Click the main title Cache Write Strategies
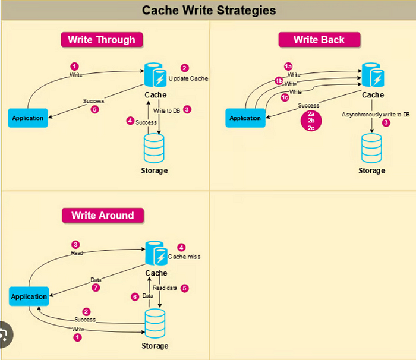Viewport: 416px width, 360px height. [208, 11]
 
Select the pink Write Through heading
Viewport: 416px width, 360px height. [101, 40]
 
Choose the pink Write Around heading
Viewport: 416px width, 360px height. [102, 215]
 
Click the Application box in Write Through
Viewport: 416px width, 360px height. [28, 118]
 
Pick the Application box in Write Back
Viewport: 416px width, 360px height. [245, 118]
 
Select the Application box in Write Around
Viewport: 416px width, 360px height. [29, 296]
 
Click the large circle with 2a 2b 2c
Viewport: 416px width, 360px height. [310, 120]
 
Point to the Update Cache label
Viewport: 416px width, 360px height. [188, 78]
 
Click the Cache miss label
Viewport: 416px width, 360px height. [184, 257]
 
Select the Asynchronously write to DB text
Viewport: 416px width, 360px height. [375, 114]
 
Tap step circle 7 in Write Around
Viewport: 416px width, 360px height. [96, 288]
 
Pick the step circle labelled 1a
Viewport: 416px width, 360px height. [289, 67]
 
